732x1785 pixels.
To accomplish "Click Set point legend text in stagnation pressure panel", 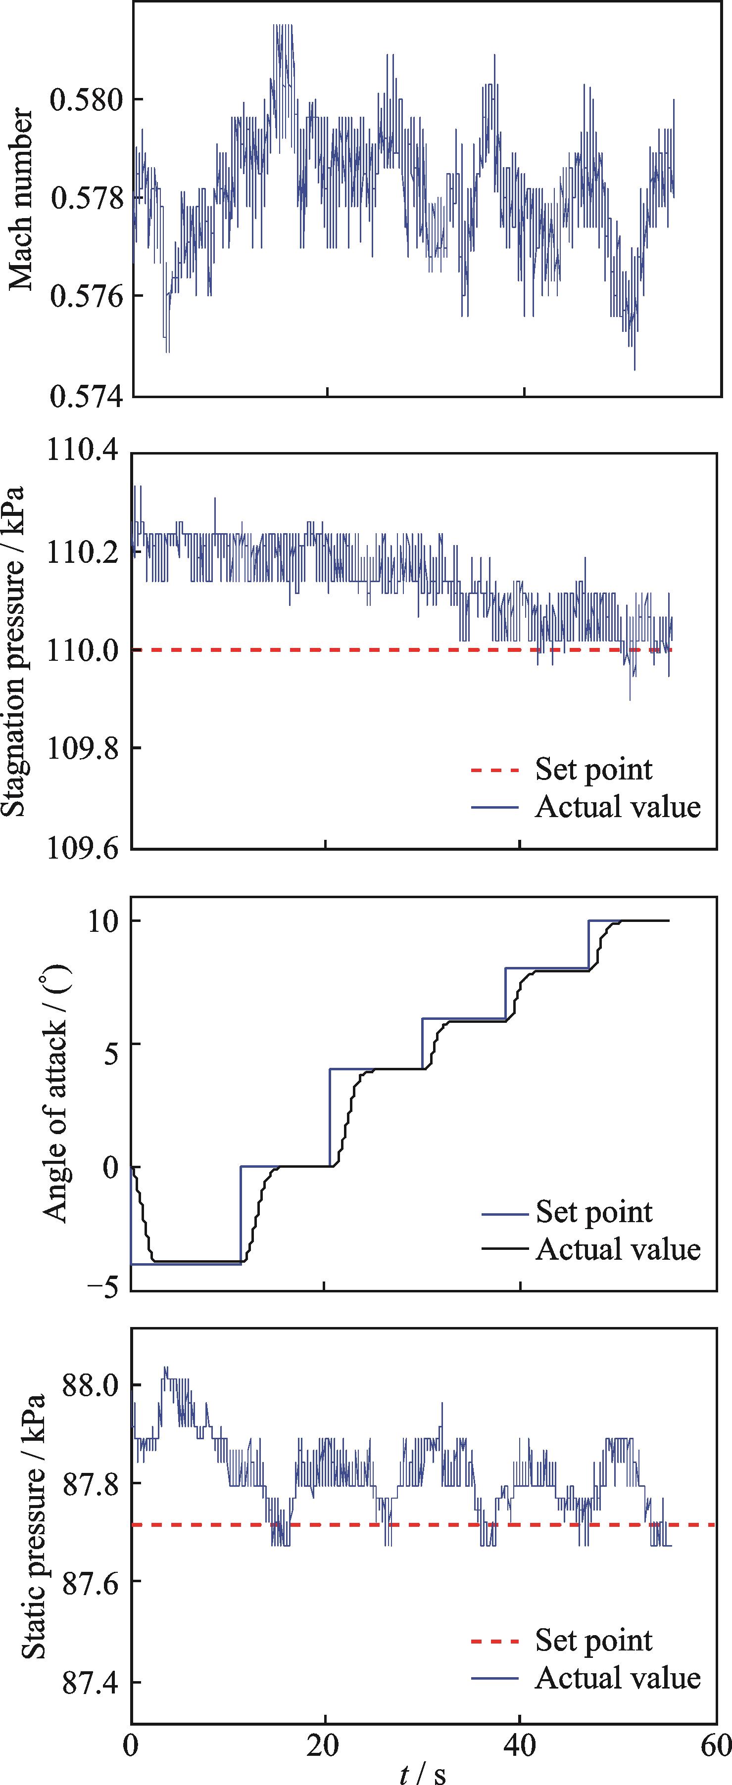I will coord(593,769).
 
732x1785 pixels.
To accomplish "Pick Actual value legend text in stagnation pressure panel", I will coord(618,807).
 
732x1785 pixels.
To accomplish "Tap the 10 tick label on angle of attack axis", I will coord(102,921).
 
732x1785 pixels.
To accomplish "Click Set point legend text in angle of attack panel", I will coord(593,1212).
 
